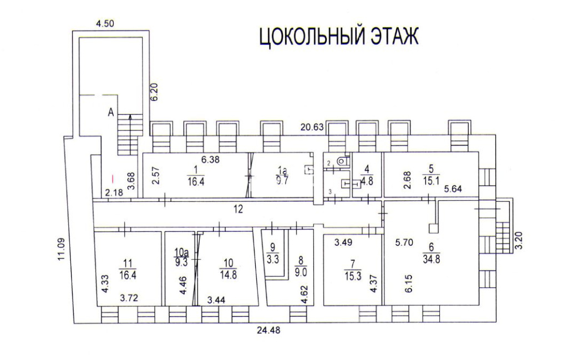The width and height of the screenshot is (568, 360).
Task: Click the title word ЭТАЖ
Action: pos(394,37)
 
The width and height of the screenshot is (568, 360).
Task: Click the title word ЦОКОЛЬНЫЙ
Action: pos(311,37)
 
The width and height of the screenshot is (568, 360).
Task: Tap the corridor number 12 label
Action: pos(238,209)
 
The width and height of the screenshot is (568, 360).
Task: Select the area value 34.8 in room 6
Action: pos(431,259)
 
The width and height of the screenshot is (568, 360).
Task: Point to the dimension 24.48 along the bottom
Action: pos(268,330)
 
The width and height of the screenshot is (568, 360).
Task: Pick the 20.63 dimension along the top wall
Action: pos(312,127)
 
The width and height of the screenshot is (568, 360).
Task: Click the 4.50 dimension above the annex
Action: pos(105,24)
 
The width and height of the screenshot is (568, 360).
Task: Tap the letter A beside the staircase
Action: pos(111,113)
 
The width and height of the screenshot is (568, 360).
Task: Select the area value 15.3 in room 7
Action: pos(353,276)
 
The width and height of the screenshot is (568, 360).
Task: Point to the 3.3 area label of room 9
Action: pos(273,259)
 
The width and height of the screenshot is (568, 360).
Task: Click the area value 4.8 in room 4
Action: pos(367,181)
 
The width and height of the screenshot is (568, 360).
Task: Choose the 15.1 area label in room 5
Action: pos(430,181)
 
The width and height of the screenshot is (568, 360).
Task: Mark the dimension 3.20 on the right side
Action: pos(519,241)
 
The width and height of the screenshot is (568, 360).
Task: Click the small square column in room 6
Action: pos(434,228)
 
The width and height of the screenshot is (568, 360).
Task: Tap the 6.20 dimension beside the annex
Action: pos(155,92)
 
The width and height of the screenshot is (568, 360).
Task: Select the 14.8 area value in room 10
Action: pos(228,275)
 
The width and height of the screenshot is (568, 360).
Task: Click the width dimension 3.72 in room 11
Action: pos(129,298)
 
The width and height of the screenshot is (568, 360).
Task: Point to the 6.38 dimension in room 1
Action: pos(210,159)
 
